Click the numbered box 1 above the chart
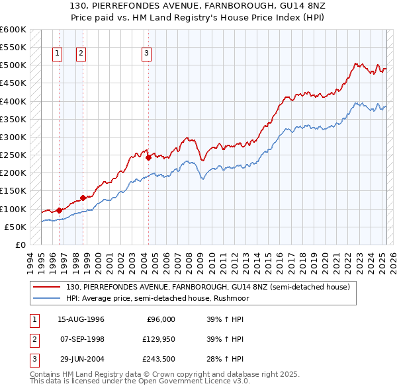tap(58, 54)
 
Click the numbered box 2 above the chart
tap(81, 54)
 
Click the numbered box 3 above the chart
tap(146, 54)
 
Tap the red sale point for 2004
tap(148, 157)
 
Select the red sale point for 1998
tap(83, 198)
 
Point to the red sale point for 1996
tap(59, 210)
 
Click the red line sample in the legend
tap(48, 288)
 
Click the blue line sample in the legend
tap(48, 298)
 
